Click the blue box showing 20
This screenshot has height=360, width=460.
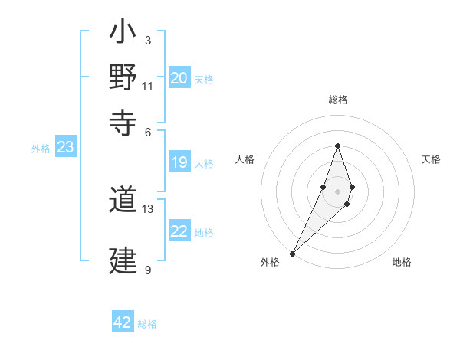179,78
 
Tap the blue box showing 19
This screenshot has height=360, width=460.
179,162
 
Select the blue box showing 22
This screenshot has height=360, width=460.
179,232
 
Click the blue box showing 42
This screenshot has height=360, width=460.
123,322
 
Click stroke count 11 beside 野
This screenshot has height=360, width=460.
148,86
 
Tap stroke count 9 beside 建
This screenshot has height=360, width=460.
148,270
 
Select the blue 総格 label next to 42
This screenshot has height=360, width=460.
148,324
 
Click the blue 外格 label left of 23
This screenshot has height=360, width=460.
41,149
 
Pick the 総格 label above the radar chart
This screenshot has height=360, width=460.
338,100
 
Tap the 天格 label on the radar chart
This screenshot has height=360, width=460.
431,159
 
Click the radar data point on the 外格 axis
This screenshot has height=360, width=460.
293,254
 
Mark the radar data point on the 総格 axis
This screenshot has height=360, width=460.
337,146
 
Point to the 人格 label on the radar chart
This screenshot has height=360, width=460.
245,159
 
